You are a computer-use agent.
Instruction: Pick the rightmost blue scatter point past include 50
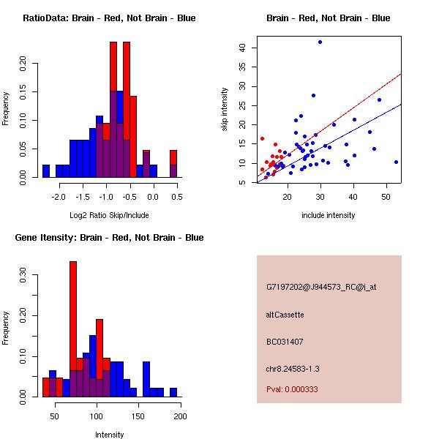[x=396, y=162]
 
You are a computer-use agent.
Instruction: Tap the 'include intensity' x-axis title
[x=329, y=216]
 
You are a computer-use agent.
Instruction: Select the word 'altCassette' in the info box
[x=285, y=315]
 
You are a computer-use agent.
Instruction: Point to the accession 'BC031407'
[x=285, y=342]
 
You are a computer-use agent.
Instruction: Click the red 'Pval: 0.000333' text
[x=292, y=389]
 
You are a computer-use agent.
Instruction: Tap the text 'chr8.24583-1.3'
[x=293, y=368]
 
